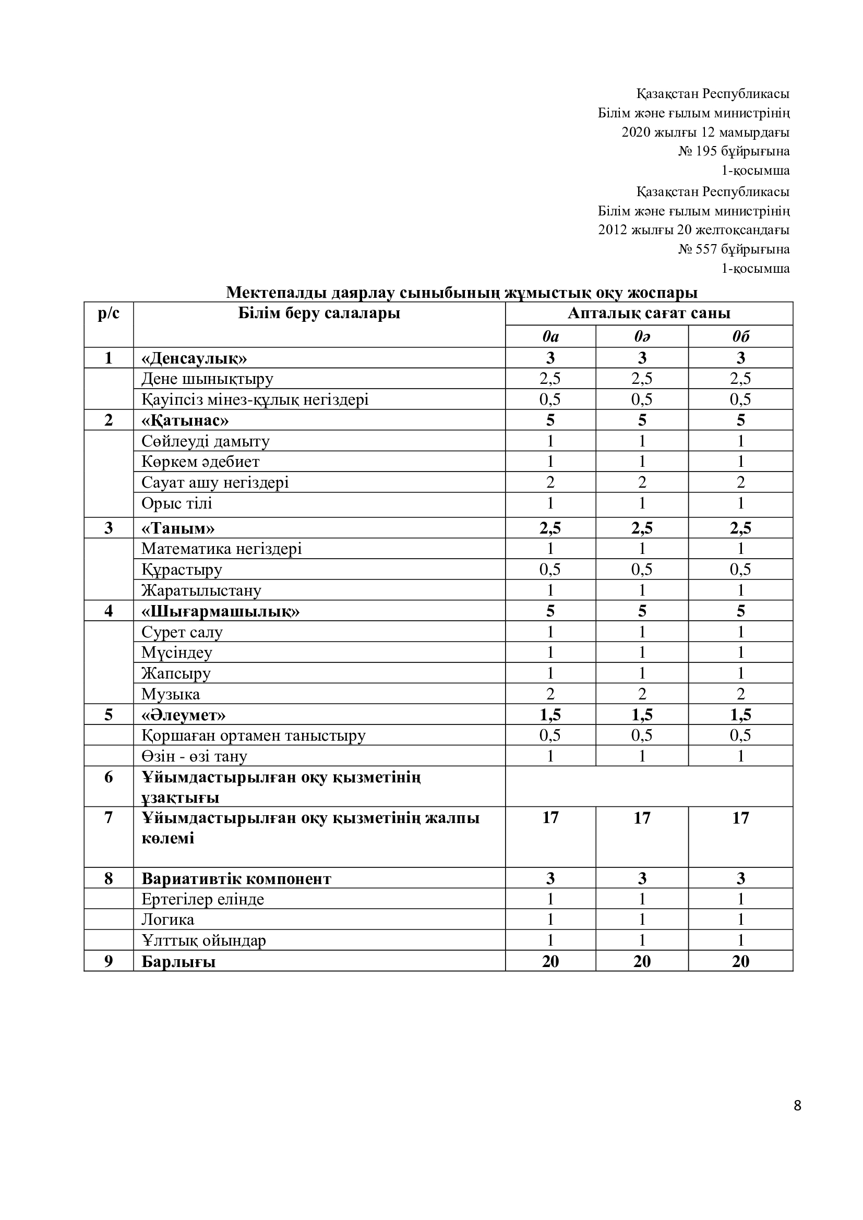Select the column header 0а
550,336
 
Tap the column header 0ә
642,336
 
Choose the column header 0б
740,336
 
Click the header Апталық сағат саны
649,313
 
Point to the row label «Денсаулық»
194,358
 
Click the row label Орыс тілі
176,503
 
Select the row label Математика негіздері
221,548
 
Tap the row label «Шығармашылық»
220,611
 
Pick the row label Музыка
171,694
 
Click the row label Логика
167,919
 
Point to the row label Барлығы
178,961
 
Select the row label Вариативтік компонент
236,878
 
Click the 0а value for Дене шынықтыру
550,378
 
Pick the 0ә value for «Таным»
642,528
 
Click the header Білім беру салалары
319,313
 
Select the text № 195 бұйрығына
733,151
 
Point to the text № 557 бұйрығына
733,249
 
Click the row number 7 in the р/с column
109,817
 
